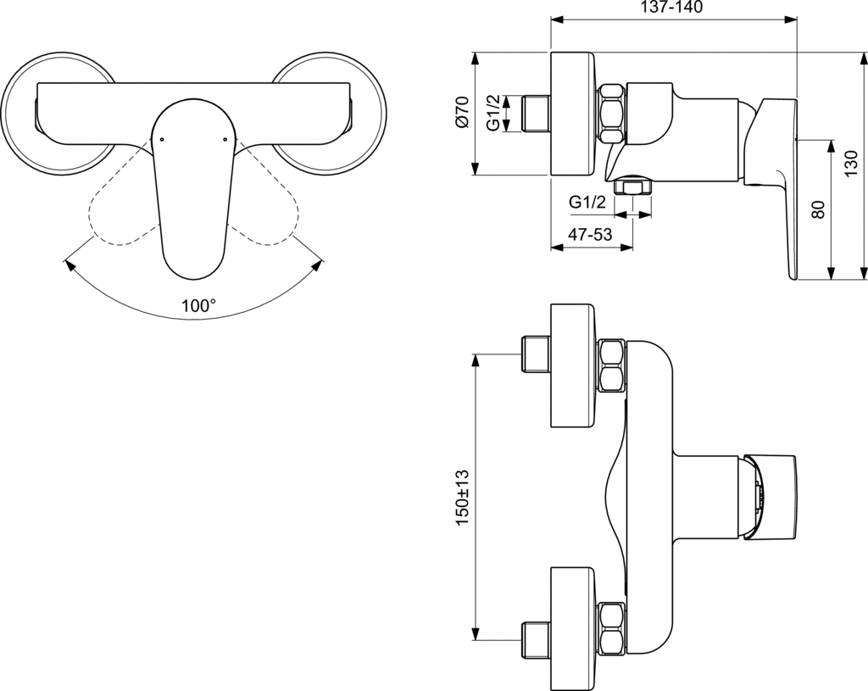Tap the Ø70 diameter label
coord(461,114)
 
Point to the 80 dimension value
coord(818,209)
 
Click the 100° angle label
coord(198,306)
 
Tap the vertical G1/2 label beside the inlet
coord(492,114)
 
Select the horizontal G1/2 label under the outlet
coord(587,202)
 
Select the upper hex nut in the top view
coord(612,365)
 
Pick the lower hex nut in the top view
coord(612,627)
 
